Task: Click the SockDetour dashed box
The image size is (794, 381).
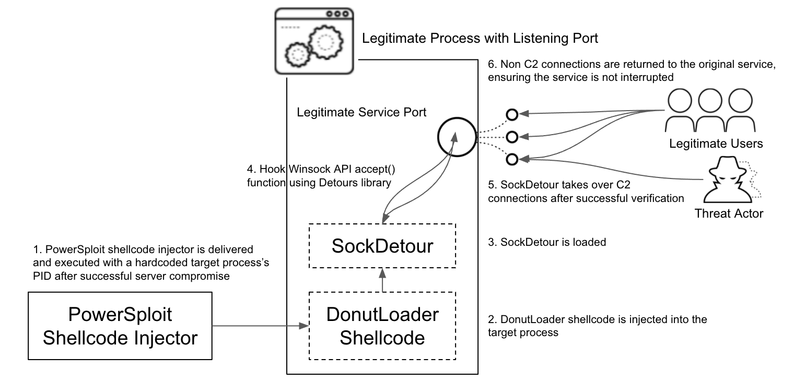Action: point(382,246)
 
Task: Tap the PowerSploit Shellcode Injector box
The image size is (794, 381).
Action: point(120,326)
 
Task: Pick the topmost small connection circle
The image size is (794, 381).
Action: point(512,114)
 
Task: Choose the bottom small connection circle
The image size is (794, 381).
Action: point(512,158)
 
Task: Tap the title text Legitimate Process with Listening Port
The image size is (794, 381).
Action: point(480,39)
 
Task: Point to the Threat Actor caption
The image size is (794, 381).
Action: point(729,212)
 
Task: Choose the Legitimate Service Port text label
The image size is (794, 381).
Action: point(361,112)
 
